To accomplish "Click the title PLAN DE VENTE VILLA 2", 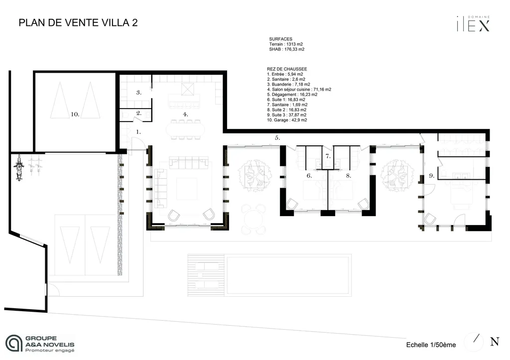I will tap(78, 23).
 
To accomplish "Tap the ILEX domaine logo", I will tap(473, 24).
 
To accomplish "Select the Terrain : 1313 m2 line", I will tap(286, 44).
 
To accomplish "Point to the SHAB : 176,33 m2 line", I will tap(286, 49).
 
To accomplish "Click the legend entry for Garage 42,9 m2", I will tap(287, 120).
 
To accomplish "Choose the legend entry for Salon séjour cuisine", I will tap(299, 90).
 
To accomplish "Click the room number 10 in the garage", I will tap(75, 114).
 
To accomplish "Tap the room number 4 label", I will tap(185, 114).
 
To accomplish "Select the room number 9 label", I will tap(431, 176).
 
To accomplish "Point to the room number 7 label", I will tap(327, 156).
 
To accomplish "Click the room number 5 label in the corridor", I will tap(277, 137).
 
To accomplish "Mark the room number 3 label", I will tap(139, 92).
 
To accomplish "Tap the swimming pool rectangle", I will tap(288, 275).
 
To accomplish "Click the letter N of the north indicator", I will tap(495, 342).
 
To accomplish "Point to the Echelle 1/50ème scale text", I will tap(431, 345).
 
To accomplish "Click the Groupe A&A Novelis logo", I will tap(40, 344).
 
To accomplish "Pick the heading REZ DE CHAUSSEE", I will tap(287, 69).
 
